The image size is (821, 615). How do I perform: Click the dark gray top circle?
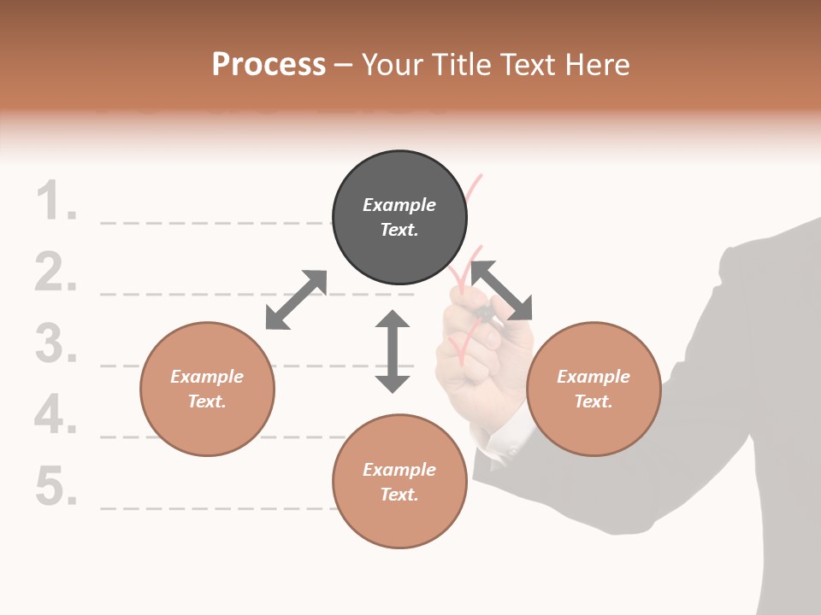(x=399, y=218)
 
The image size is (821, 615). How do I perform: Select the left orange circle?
(x=207, y=389)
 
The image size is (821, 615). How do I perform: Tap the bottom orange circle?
(x=399, y=481)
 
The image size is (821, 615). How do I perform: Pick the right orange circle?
(x=594, y=389)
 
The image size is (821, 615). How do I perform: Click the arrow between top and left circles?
(x=297, y=300)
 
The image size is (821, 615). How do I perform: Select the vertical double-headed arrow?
(x=393, y=351)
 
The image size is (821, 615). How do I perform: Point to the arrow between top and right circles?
(x=502, y=290)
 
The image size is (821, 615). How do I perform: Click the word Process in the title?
(x=269, y=65)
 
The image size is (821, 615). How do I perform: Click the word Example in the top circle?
(x=399, y=205)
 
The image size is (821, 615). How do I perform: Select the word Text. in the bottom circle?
(x=399, y=495)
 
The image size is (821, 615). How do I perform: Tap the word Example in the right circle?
(x=594, y=377)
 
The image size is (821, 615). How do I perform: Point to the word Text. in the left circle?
(x=207, y=401)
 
